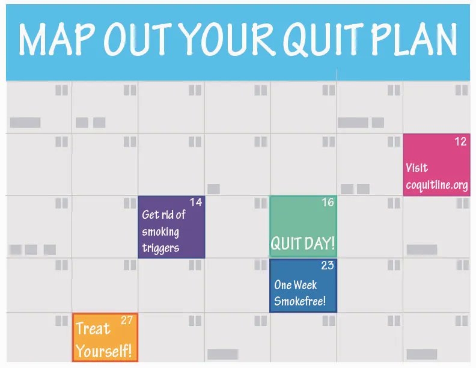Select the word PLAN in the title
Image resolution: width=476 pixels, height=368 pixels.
tap(414, 40)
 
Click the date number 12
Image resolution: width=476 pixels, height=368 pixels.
tap(460, 141)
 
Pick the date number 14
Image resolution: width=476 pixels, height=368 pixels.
tap(196, 202)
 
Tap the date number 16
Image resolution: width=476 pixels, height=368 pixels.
tap(328, 202)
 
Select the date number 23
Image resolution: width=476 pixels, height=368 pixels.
tap(328, 265)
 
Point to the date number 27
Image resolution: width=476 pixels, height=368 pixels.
tap(127, 320)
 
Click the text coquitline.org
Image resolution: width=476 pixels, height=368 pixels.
tap(437, 185)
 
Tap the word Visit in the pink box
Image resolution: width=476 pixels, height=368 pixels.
tap(417, 168)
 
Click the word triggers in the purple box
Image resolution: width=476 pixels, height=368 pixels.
tap(160, 248)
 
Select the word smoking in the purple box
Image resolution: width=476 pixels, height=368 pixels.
tap(160, 232)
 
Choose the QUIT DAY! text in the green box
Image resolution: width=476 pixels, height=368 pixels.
tap(302, 244)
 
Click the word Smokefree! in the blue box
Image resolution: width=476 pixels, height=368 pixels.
tap(300, 301)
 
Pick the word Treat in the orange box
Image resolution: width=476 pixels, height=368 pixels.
tap(93, 328)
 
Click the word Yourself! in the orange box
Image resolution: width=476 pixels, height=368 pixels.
tap(104, 351)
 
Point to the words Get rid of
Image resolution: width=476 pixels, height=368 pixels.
tap(163, 215)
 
